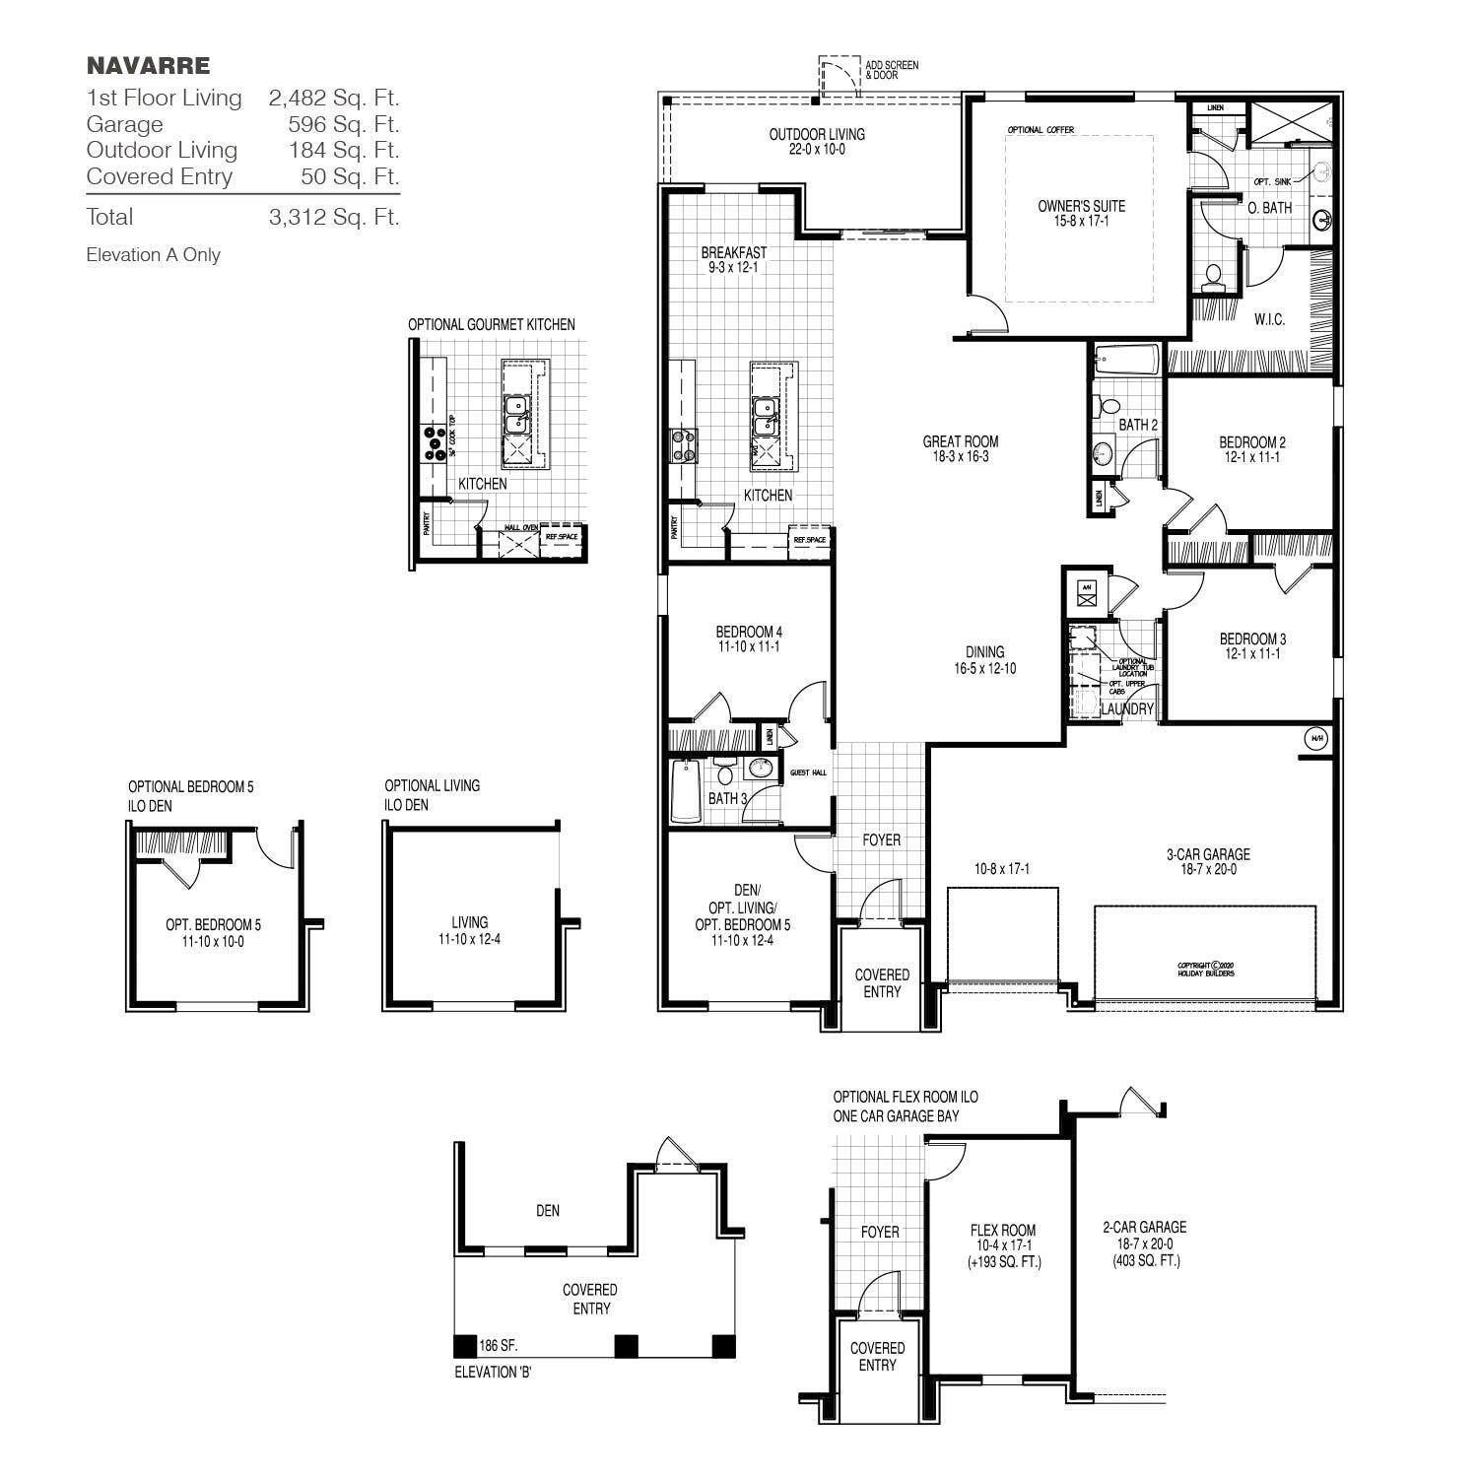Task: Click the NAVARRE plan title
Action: tap(148, 66)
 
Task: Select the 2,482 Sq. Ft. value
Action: tap(333, 98)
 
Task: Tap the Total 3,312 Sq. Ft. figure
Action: tap(333, 217)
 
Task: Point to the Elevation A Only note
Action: tap(153, 255)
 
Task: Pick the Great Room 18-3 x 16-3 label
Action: tap(960, 449)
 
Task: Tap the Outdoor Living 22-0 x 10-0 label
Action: tap(817, 142)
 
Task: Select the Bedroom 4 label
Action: tap(749, 639)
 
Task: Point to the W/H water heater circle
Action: tap(1316, 738)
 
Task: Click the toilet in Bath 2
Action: tap(1110, 405)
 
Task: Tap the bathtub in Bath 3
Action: tap(686, 790)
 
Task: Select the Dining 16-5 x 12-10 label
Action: tap(984, 659)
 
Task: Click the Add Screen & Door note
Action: tap(891, 70)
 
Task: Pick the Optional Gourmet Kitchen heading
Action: tap(492, 324)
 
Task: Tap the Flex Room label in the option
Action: tap(1003, 1245)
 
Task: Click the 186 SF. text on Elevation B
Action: tap(499, 1346)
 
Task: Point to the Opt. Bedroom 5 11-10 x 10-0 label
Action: tap(213, 933)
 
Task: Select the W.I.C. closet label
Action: tap(1269, 320)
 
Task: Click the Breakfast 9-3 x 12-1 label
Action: tap(734, 260)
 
